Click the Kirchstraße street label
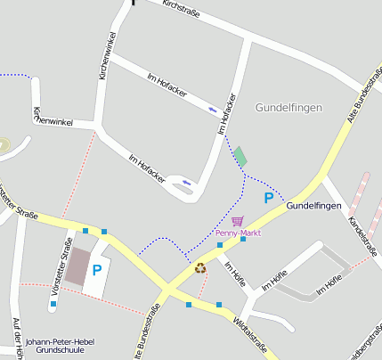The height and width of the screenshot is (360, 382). (182, 10)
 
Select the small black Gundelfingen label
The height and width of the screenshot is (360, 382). (313, 206)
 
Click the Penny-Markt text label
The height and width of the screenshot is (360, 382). (238, 233)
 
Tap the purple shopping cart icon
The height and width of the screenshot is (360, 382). (237, 220)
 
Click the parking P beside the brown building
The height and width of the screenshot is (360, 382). (97, 269)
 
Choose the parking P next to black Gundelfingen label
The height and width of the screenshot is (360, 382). (268, 198)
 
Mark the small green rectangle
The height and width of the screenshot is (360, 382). (240, 157)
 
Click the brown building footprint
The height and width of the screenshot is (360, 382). (77, 266)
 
